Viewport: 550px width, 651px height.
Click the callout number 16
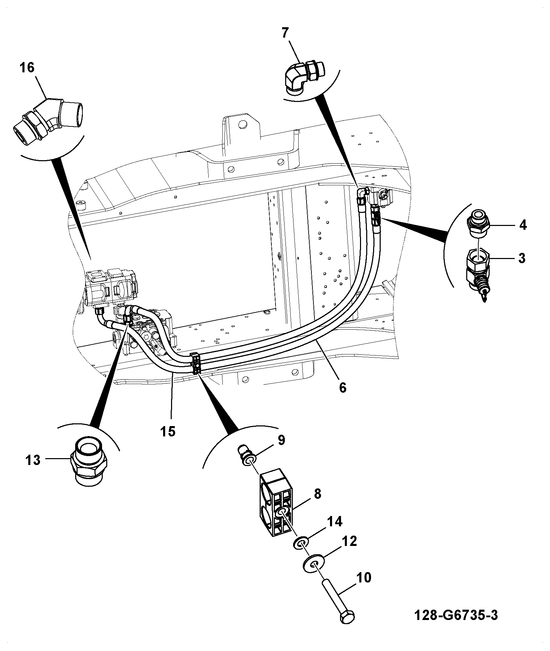(27, 68)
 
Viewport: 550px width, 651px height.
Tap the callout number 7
(285, 33)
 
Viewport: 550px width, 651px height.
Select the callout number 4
(523, 225)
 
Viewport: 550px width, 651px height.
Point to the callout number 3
(522, 258)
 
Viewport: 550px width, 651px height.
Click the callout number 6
(342, 387)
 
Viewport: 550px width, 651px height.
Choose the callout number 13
(33, 460)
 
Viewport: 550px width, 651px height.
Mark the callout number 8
(317, 494)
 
